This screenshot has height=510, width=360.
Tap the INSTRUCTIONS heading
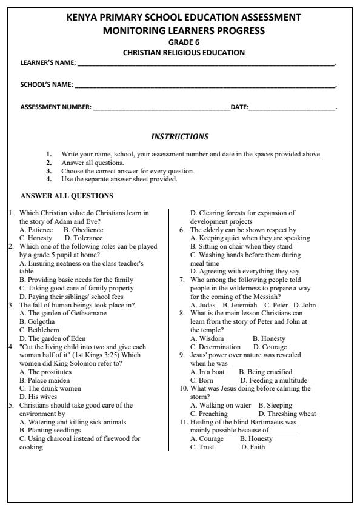pyautogui.click(x=179, y=137)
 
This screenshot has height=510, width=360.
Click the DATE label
pyautogui.click(x=239, y=107)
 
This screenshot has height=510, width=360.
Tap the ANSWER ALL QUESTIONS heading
pyautogui.click(x=67, y=196)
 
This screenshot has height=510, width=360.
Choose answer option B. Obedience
pyautogui.click(x=83, y=230)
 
